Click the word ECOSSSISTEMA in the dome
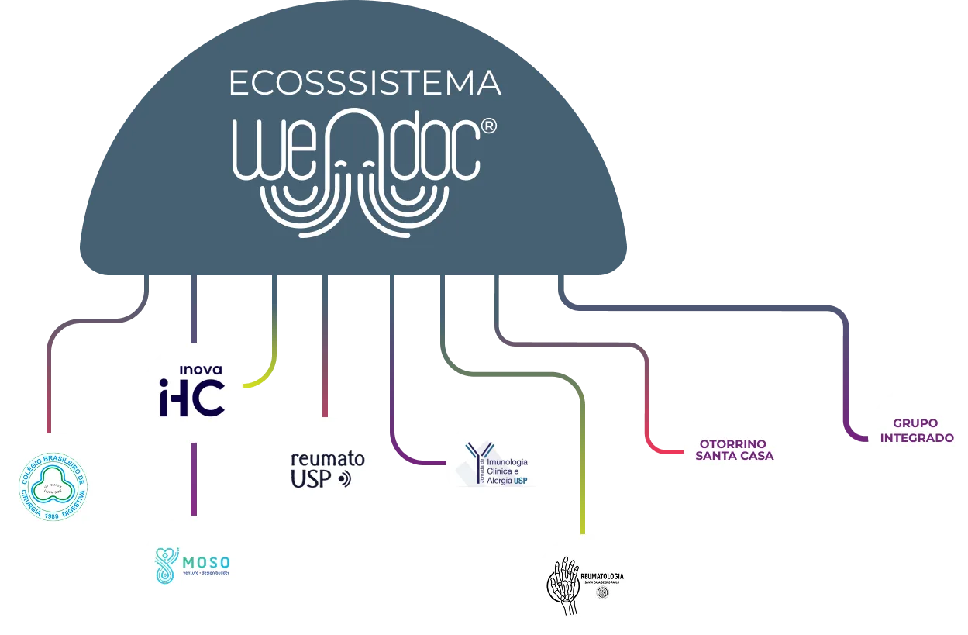tap(364, 83)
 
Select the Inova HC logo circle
tap(193, 392)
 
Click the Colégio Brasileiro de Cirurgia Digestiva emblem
tap(53, 487)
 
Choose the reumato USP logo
tap(326, 470)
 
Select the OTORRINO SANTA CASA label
tap(734, 450)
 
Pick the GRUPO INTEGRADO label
tap(917, 431)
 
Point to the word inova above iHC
tap(196, 369)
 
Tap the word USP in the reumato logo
tap(310, 480)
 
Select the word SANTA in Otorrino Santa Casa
tap(713, 456)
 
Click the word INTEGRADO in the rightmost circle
tap(917, 438)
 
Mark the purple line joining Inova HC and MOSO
tap(193, 481)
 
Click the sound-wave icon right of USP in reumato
tap(346, 480)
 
